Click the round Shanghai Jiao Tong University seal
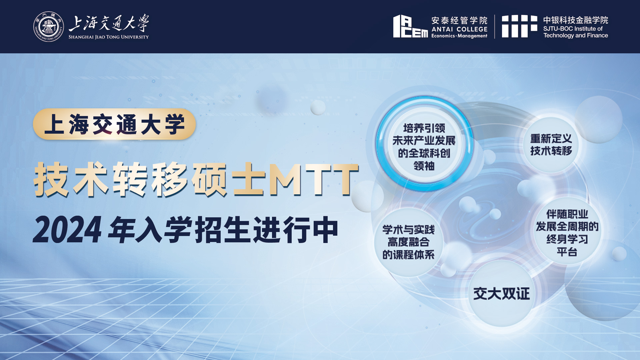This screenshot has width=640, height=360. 49,27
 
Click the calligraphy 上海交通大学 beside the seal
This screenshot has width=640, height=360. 109,23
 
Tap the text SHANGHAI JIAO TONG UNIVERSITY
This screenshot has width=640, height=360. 109,37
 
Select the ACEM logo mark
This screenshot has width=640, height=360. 410,26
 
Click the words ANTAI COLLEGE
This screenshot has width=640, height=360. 459,29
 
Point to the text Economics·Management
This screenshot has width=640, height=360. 459,36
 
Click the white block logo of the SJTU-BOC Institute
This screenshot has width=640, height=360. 520,26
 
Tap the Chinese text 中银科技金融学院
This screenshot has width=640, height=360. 576,20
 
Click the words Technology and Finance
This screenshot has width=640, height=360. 576,35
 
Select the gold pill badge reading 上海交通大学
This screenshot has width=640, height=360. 114,124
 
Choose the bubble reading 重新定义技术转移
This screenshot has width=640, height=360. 551,145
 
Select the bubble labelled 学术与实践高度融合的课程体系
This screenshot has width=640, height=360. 409,242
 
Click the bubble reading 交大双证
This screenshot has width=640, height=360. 501,293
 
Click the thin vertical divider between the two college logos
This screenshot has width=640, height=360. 495,26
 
